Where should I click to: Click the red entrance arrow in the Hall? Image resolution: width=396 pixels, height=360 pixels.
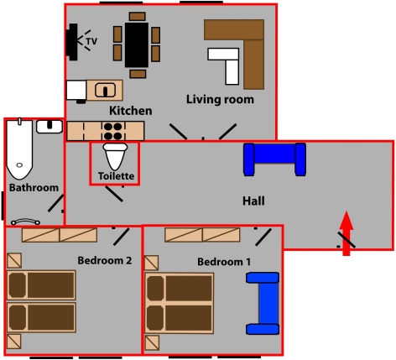click(x=346, y=233)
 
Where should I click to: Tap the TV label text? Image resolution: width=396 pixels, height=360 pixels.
click(x=91, y=41)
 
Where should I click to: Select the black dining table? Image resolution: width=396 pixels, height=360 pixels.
click(x=137, y=44)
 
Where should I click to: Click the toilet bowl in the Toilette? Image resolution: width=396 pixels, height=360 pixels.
click(x=115, y=157)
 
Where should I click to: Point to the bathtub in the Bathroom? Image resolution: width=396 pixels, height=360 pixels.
click(x=19, y=149)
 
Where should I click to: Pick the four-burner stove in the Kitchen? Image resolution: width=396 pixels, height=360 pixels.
click(x=113, y=131)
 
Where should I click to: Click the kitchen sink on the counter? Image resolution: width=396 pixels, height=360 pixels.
click(x=105, y=90)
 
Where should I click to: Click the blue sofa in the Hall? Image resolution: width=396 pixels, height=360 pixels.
click(x=274, y=159)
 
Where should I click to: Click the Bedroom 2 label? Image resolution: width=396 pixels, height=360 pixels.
click(x=105, y=260)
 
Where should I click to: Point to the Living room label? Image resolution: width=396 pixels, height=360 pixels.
click(x=220, y=100)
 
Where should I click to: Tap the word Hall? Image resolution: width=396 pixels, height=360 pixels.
click(x=253, y=201)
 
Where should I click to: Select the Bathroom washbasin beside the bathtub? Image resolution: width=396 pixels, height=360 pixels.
click(x=49, y=127)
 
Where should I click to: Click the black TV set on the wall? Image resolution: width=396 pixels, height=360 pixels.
click(x=71, y=42)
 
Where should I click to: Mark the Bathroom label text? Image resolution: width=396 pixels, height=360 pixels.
click(x=34, y=187)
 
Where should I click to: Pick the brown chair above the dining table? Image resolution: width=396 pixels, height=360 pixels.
click(x=138, y=16)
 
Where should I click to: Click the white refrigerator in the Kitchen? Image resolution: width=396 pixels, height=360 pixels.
click(x=76, y=90)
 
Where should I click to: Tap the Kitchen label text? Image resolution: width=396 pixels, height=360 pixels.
click(x=131, y=111)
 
